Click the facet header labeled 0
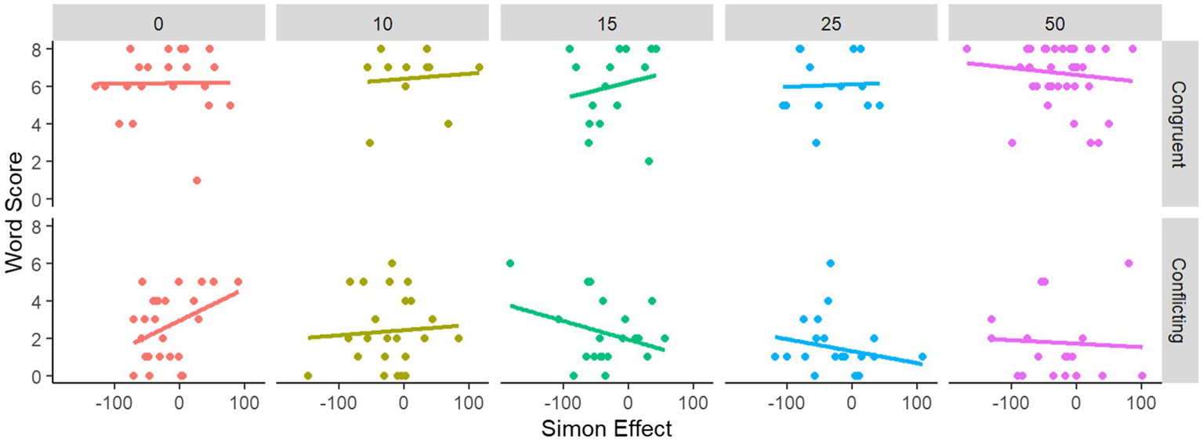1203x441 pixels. (x=159, y=23)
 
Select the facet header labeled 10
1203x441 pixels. (x=383, y=23)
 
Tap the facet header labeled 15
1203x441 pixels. (x=607, y=23)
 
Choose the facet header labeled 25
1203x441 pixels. (x=831, y=23)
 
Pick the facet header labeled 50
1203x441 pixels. (x=1055, y=23)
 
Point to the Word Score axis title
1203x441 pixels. (x=15, y=212)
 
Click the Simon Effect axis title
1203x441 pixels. (x=607, y=428)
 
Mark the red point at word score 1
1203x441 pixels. (x=197, y=180)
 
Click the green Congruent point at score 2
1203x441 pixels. (x=649, y=162)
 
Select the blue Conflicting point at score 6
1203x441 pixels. (x=830, y=263)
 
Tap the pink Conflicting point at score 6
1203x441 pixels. (x=1129, y=263)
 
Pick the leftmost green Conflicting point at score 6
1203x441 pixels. (x=510, y=263)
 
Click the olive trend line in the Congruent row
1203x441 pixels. (x=423, y=77)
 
